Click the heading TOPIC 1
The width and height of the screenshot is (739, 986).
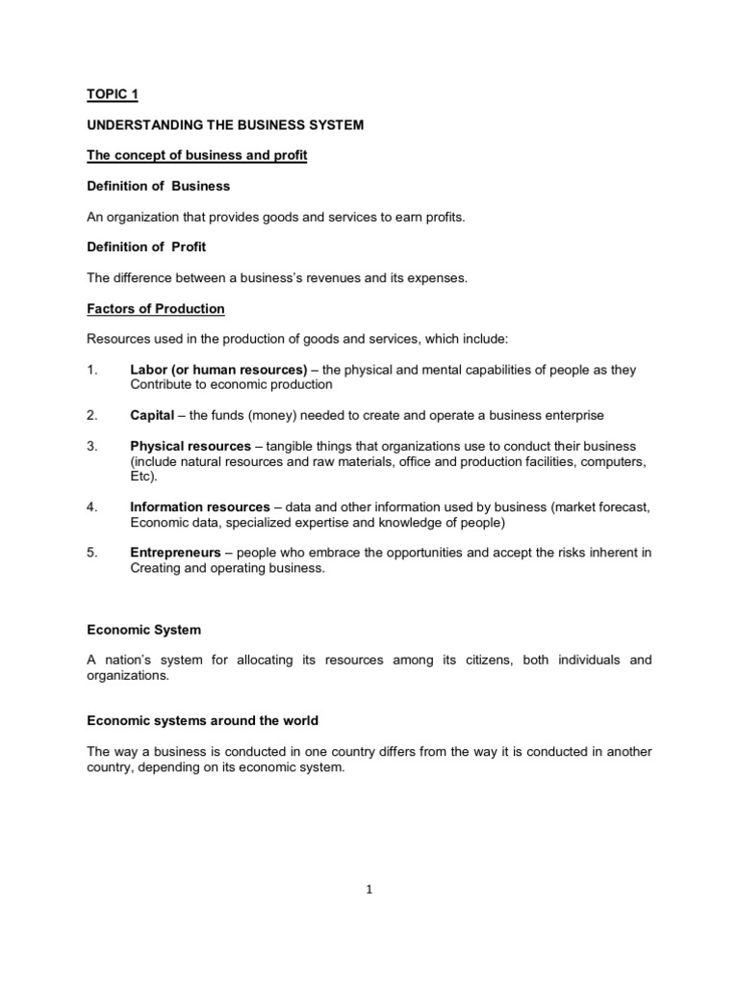[x=112, y=95]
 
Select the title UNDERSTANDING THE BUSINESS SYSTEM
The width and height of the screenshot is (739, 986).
[x=225, y=125]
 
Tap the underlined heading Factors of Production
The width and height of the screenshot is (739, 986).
[x=156, y=309]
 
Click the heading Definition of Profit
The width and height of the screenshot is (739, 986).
[x=146, y=247]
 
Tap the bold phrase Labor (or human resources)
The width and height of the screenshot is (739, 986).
[x=218, y=370]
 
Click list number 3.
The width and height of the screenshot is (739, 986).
[x=92, y=446]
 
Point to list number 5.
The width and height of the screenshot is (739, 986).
[x=92, y=553]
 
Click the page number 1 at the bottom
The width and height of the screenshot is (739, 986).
[x=369, y=890]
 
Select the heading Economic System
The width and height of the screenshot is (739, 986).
[x=144, y=630]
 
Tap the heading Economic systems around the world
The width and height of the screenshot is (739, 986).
[x=203, y=720]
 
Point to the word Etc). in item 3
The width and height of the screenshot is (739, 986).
[x=141, y=477]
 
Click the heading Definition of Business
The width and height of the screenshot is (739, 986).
[x=159, y=186]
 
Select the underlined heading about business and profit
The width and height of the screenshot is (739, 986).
[x=197, y=156]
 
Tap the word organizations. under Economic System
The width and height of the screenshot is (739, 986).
[x=127, y=676]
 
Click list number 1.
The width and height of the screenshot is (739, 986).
[x=92, y=370]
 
